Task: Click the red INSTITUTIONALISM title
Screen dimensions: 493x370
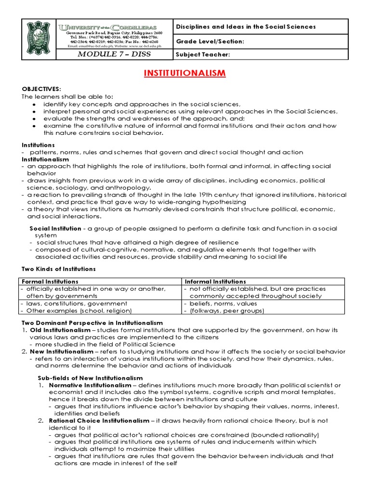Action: pyautogui.click(x=185, y=73)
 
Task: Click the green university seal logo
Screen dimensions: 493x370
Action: pyautogui.click(x=39, y=39)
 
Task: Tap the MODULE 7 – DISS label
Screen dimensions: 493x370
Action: pyautogui.click(x=115, y=54)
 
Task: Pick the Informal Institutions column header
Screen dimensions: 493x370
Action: pyautogui.click(x=215, y=281)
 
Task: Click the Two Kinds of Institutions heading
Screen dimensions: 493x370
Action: pyautogui.click(x=59, y=269)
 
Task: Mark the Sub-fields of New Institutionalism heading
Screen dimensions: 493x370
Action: pyautogui.click(x=90, y=377)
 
